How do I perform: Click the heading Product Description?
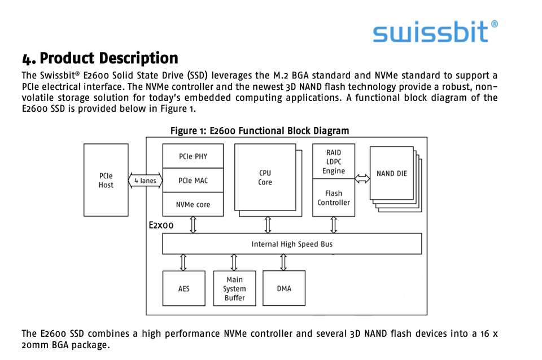(100, 58)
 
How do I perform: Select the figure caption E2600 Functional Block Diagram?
(260, 131)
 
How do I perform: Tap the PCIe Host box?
(106, 180)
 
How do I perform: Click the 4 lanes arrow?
(145, 181)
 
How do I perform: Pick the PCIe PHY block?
(193, 156)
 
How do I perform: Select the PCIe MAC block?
(193, 181)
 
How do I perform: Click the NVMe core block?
(193, 204)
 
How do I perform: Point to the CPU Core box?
(265, 178)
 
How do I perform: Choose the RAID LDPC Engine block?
(333, 161)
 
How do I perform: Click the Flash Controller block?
(333, 197)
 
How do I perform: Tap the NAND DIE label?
(391, 173)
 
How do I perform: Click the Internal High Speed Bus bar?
(292, 244)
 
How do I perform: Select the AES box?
(183, 288)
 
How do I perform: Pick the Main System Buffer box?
(234, 288)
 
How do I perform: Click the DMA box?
(284, 288)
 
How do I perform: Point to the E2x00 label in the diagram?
(161, 225)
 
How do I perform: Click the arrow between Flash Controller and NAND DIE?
(362, 178)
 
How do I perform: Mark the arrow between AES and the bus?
(183, 262)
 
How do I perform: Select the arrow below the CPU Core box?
(268, 225)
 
